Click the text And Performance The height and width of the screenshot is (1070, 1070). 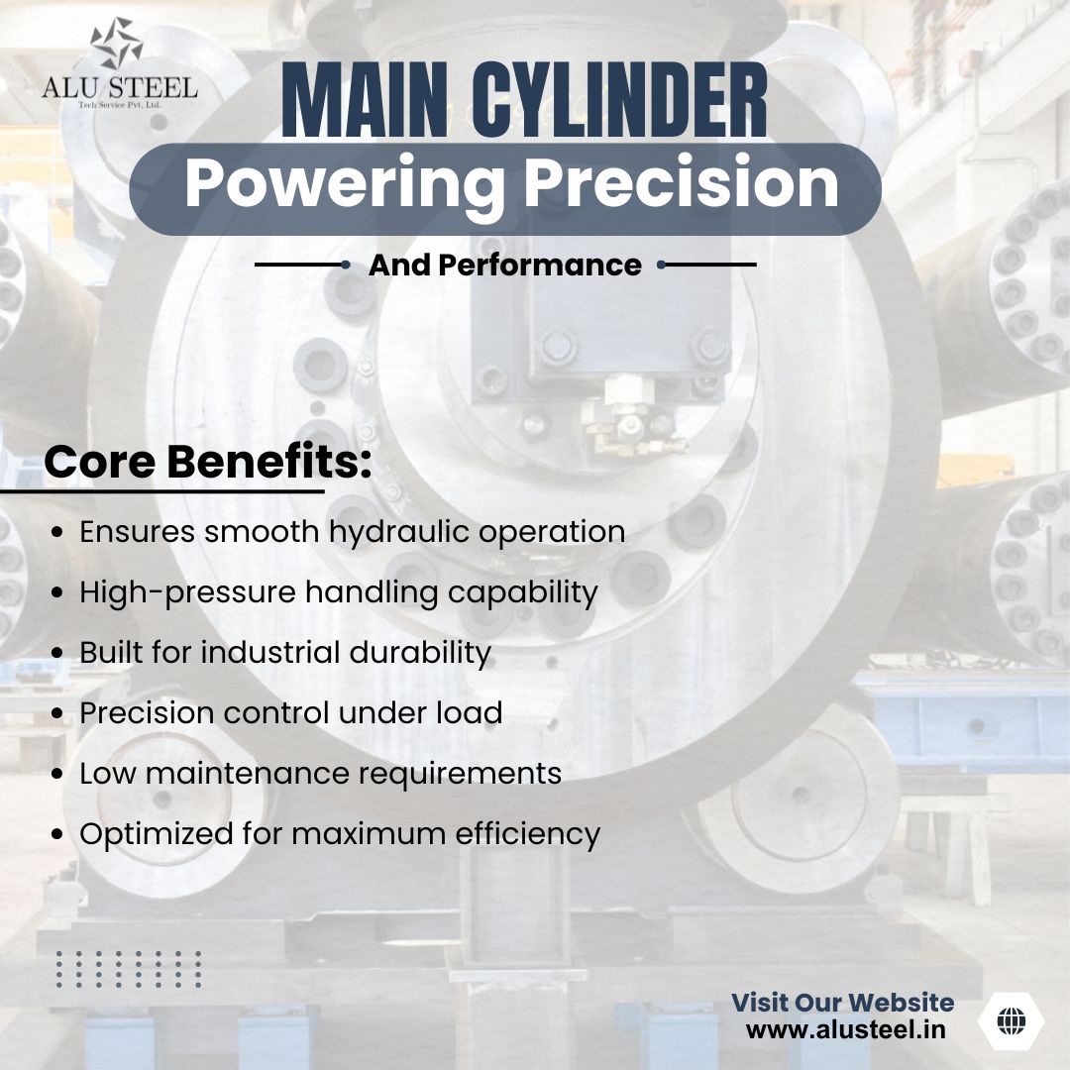504,266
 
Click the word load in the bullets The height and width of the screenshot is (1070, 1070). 471,712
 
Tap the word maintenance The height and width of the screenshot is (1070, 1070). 245,773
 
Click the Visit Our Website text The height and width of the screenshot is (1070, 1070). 842,1003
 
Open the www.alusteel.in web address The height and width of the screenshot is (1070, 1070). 845,1029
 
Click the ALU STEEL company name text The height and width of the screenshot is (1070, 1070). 119,87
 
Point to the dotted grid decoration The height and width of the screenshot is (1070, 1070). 129,969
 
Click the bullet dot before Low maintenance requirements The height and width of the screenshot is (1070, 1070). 58,774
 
